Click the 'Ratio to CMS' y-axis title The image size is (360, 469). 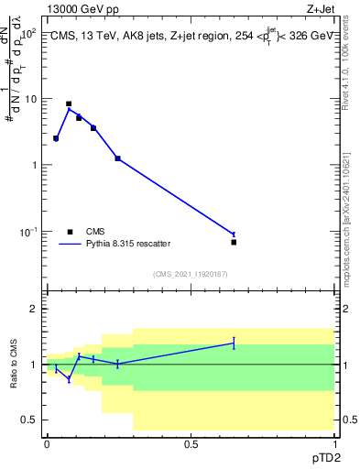click(14, 365)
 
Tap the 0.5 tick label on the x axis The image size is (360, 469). click(191, 444)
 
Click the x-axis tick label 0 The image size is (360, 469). click(47, 444)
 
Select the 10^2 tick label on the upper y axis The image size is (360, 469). click(28, 33)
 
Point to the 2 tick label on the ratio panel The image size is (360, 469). click(35, 310)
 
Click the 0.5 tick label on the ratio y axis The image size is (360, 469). click(30, 420)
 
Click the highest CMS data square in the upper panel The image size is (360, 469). click(69, 104)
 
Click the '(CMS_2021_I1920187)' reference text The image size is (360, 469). click(190, 274)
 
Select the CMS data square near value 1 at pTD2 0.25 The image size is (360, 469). click(118, 158)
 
